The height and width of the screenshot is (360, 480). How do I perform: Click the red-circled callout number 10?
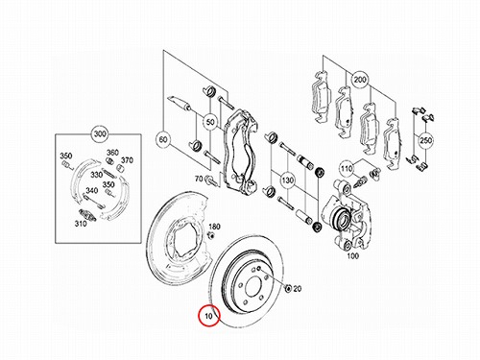(208, 316)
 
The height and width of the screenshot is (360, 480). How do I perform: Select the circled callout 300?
(100, 134)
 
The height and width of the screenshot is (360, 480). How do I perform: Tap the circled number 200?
(360, 79)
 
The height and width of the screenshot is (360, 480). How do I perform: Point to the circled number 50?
(210, 122)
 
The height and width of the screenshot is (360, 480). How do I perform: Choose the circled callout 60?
(163, 139)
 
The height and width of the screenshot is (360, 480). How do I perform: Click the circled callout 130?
(287, 180)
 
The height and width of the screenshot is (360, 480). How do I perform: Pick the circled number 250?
(425, 140)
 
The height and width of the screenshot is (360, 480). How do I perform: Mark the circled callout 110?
(347, 168)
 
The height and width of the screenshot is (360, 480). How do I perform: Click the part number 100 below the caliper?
(352, 256)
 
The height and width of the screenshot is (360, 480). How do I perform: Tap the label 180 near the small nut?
(214, 227)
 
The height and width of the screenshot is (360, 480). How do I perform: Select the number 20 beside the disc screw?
(298, 289)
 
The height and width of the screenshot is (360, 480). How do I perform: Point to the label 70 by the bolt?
(199, 179)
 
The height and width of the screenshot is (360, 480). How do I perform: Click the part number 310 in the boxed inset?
(81, 224)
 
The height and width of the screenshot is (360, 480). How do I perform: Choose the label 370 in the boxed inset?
(127, 160)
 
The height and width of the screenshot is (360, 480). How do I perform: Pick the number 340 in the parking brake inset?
(92, 191)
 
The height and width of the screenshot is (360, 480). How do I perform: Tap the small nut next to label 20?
(288, 289)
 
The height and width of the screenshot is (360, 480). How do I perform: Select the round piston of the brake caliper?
(340, 219)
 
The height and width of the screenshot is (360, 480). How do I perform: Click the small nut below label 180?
(211, 235)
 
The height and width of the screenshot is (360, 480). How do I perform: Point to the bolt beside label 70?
(212, 181)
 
